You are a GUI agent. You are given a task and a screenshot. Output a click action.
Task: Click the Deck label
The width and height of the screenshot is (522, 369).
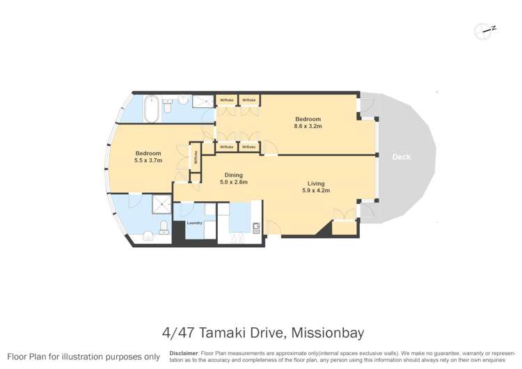402,157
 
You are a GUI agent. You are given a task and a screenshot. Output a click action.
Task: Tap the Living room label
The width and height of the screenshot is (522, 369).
316,183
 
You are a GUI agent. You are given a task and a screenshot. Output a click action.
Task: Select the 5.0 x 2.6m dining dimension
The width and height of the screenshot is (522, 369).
234,182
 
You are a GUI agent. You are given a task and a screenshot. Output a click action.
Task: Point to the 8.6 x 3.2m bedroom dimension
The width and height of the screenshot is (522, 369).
308,126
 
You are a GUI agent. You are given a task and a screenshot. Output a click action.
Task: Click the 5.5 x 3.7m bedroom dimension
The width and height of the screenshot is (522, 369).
148,160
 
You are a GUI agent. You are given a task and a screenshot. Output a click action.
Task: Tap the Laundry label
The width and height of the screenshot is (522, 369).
194,223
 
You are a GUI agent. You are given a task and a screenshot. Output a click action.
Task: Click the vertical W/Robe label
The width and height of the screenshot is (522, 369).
196,158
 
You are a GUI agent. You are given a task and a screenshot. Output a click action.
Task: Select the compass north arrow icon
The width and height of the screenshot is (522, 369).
484,30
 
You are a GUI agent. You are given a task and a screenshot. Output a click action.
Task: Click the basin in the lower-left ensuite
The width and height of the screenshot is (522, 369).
148,236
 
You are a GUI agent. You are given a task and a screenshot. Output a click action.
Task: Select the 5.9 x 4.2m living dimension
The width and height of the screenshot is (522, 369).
316,190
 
